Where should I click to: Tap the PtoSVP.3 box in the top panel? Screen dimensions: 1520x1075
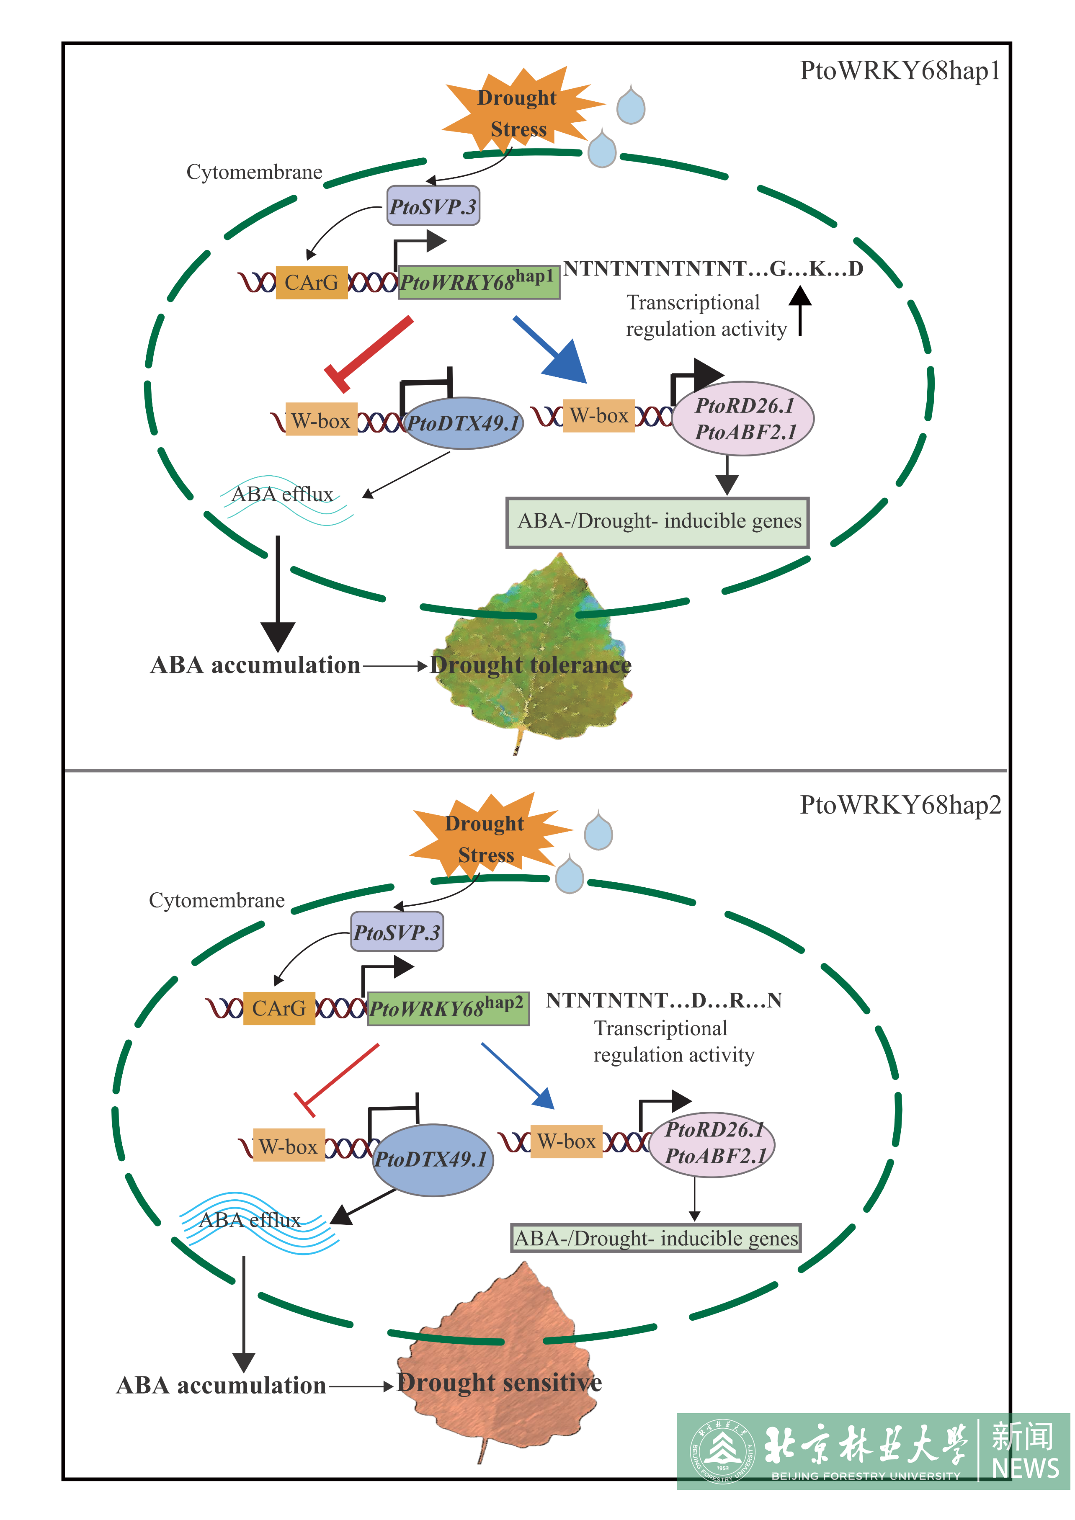[x=433, y=206]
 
